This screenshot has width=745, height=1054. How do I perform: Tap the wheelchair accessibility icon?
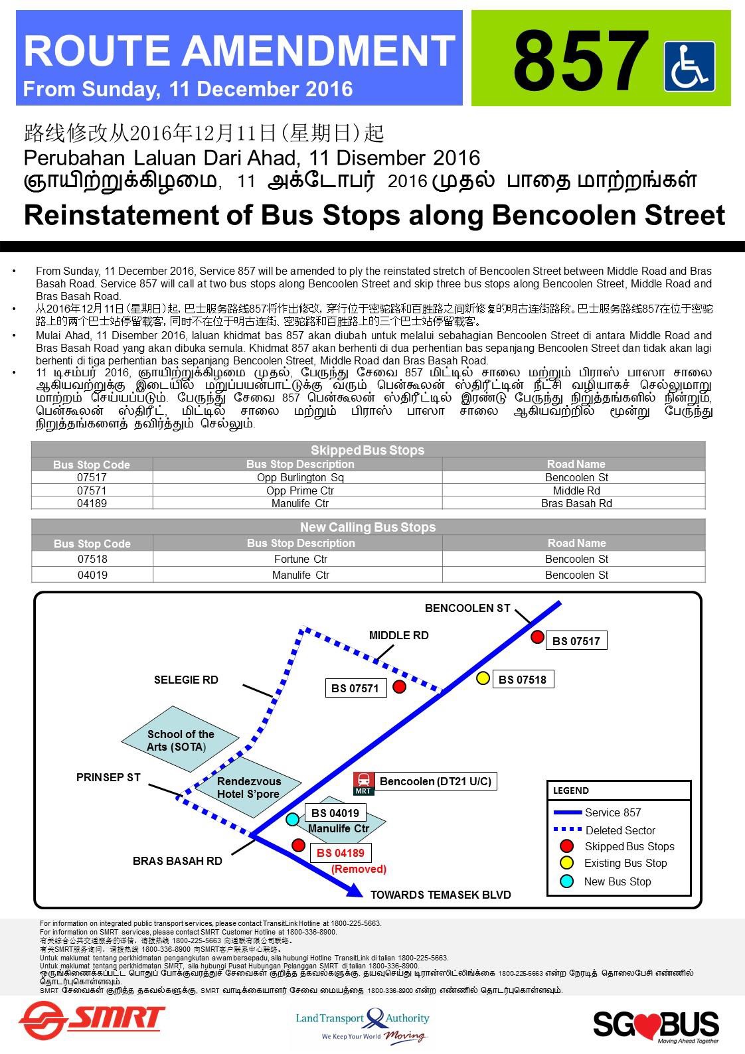(689, 66)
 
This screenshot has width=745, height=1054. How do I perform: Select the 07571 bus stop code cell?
(92, 490)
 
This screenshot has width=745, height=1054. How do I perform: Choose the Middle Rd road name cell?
(576, 490)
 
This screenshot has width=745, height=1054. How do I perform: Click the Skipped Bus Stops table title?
(367, 450)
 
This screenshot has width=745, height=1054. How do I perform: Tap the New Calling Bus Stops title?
(367, 527)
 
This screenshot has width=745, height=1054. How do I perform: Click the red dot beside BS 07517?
(537, 637)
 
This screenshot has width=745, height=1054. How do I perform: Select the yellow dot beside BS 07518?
(483, 678)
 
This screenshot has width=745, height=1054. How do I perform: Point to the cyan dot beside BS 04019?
(291, 819)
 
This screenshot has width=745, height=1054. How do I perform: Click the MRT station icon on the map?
(363, 783)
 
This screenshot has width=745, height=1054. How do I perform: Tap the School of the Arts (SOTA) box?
(180, 740)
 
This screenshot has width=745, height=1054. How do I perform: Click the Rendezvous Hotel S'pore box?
(248, 787)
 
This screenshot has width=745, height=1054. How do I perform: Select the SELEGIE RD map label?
(186, 680)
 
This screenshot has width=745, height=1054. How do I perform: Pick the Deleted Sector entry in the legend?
(620, 830)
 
